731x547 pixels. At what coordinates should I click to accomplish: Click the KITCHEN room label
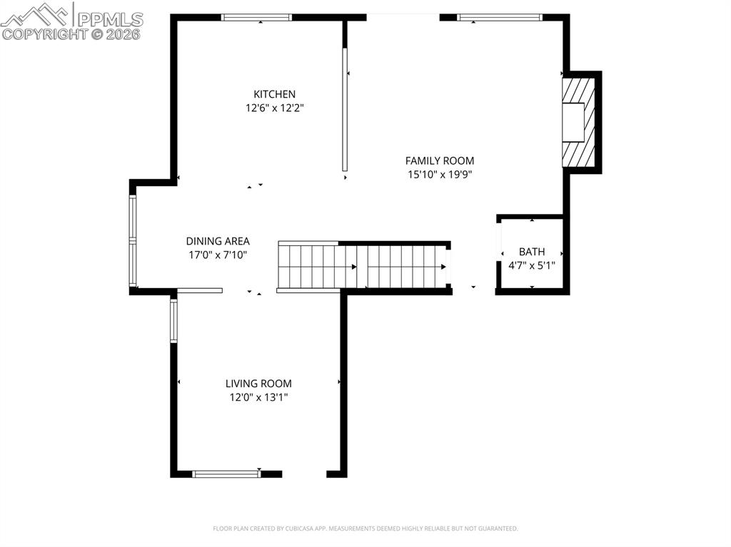click(274, 94)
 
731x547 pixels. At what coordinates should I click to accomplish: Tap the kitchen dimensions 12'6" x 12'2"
click(274, 108)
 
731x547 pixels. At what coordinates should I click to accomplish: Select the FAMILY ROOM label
click(439, 161)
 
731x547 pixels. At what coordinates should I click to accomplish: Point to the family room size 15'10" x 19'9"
click(439, 174)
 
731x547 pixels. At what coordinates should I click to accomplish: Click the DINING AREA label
click(218, 242)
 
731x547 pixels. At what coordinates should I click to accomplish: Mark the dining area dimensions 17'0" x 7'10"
click(218, 255)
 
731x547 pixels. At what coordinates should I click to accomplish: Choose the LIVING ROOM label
click(258, 384)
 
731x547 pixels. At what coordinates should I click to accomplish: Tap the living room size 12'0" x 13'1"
click(258, 397)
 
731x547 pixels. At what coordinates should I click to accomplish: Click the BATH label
click(532, 252)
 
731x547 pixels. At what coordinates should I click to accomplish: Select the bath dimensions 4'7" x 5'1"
click(532, 265)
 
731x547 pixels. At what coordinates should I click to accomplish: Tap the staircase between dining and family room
click(363, 266)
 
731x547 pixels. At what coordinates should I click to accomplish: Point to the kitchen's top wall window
click(256, 17)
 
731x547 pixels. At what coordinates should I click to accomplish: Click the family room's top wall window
click(499, 17)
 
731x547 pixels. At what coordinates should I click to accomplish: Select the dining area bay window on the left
click(133, 242)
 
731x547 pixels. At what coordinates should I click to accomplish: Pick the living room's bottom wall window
click(227, 474)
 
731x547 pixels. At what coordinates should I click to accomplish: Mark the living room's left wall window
click(173, 321)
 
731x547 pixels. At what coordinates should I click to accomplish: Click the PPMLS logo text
click(109, 19)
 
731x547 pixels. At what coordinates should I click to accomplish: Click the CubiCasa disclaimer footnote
click(365, 528)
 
